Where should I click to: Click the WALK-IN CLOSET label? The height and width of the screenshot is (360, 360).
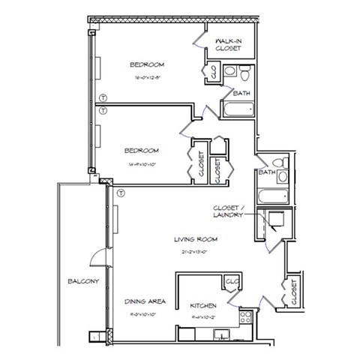coord(227,43)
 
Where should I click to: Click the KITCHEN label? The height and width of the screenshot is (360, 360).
coord(203,306)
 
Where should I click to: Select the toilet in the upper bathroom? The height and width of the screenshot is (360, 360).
coord(232,73)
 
